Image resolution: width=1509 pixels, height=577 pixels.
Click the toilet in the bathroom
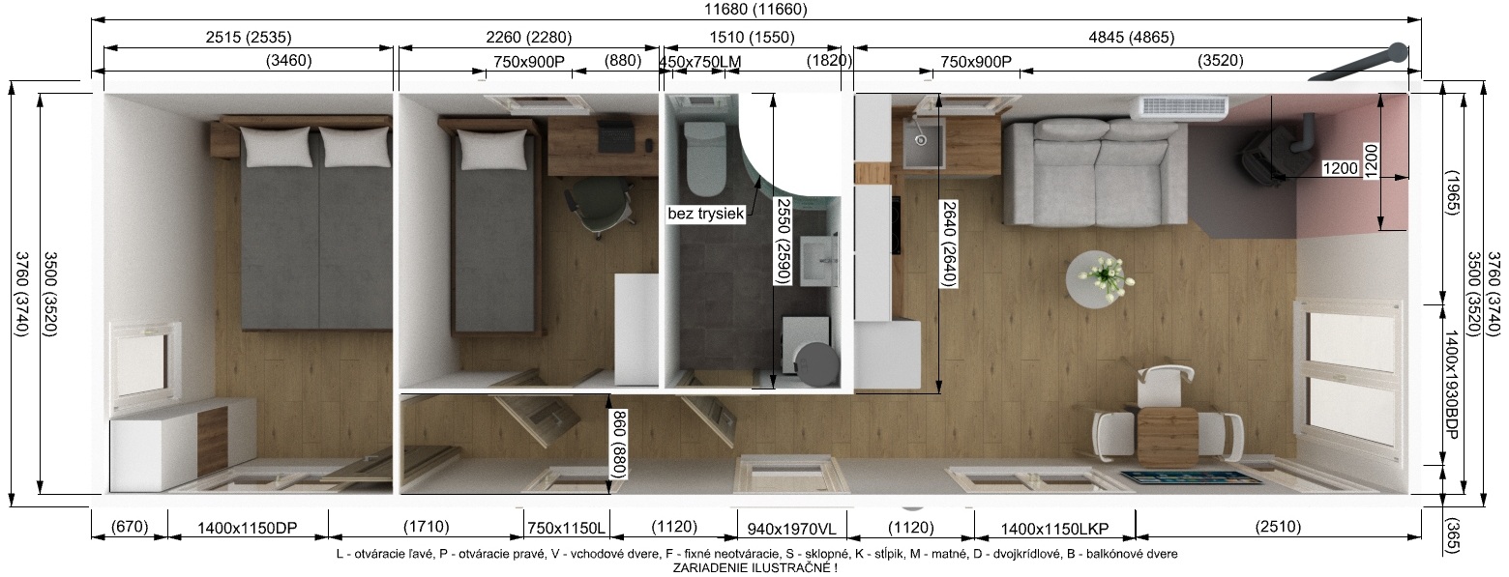click(x=704, y=157)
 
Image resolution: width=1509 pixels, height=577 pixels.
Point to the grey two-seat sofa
click(x=1094, y=171)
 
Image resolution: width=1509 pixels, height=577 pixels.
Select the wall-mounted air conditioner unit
click(x=1183, y=107)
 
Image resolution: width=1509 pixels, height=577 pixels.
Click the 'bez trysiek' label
click(x=705, y=215)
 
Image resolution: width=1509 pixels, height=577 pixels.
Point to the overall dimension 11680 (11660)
click(x=755, y=10)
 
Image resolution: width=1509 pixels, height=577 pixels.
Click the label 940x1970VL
click(x=791, y=530)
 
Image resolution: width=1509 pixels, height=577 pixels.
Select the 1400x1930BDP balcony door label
click(x=1451, y=385)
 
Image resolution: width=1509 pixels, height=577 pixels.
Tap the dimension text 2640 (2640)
click(x=949, y=245)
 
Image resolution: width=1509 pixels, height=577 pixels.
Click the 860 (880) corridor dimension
click(x=619, y=445)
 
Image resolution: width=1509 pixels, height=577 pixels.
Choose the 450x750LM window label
click(x=700, y=62)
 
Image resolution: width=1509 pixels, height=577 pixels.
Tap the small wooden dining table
click(x=1168, y=437)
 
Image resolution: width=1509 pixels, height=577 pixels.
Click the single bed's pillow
click(x=492, y=150)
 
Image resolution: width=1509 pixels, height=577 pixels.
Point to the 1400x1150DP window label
click(x=248, y=529)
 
